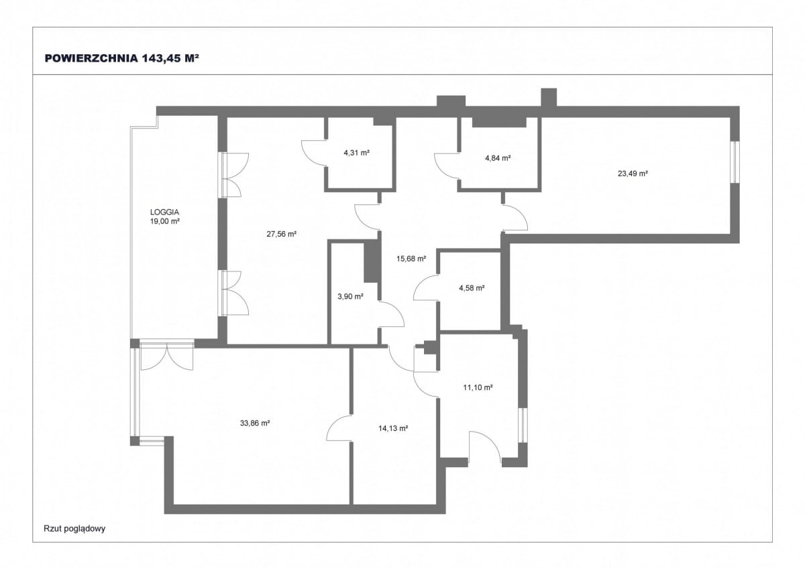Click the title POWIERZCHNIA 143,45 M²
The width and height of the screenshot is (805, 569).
coord(122,58)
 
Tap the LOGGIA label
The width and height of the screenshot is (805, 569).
coord(164,212)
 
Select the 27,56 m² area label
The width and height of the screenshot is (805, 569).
coord(281,234)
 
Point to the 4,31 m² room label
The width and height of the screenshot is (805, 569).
coord(356,153)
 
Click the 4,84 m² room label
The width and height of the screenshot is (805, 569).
coord(498,158)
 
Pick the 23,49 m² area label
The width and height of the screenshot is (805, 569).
coord(633,174)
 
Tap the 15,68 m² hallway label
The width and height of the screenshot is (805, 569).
coord(411,259)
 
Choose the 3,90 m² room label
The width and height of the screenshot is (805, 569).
coord(350,296)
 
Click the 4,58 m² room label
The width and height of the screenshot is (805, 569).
coord(472,288)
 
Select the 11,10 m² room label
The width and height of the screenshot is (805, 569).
coord(478,387)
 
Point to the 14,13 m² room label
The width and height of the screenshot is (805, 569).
coord(393,428)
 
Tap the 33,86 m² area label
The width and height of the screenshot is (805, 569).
coord(255,424)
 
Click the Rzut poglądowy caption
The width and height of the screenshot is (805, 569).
coord(74,529)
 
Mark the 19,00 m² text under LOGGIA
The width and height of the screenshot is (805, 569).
coord(164,221)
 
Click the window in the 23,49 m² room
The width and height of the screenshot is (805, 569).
coord(736,162)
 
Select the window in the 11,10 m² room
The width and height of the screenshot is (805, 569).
coord(523,425)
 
